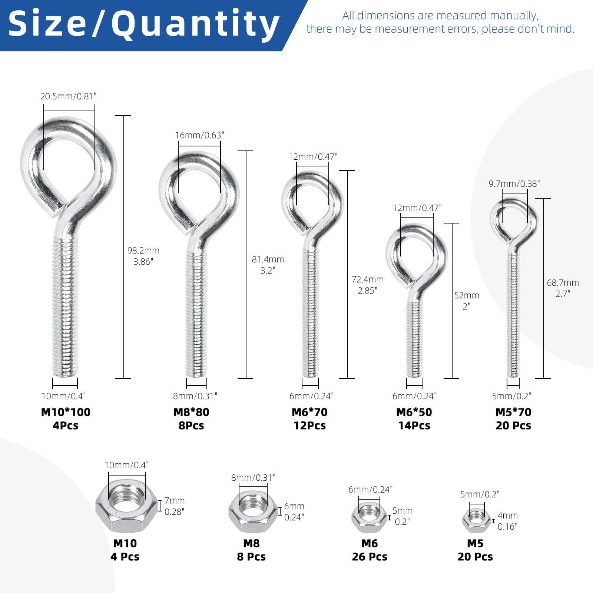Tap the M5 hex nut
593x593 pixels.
click(x=477, y=521)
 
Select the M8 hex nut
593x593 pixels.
click(x=253, y=512)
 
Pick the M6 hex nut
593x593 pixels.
click(x=369, y=517)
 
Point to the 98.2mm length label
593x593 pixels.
click(x=143, y=251)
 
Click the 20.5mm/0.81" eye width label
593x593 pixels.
click(x=69, y=96)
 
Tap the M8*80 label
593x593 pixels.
click(x=191, y=412)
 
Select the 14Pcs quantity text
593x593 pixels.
click(x=414, y=425)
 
